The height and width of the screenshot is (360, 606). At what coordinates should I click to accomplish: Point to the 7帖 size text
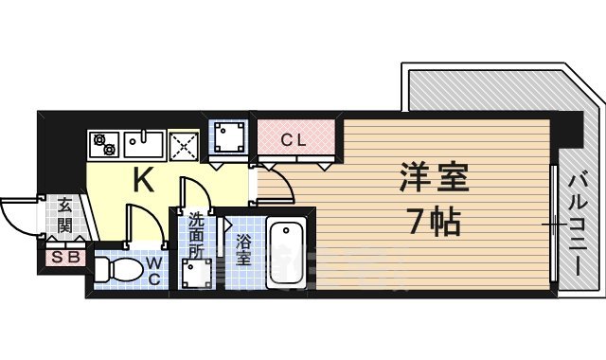(435, 224)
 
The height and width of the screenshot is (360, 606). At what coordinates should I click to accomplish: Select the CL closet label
(294, 140)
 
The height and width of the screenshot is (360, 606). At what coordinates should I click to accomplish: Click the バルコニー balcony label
(578, 224)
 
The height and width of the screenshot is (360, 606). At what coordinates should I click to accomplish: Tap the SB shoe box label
(63, 256)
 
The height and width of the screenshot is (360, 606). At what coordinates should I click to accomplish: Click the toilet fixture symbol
(118, 269)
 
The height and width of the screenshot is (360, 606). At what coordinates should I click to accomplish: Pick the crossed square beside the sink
(185, 145)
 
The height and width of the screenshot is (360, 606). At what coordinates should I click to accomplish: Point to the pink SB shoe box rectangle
(63, 256)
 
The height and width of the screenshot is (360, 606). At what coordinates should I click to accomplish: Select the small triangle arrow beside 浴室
(227, 225)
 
